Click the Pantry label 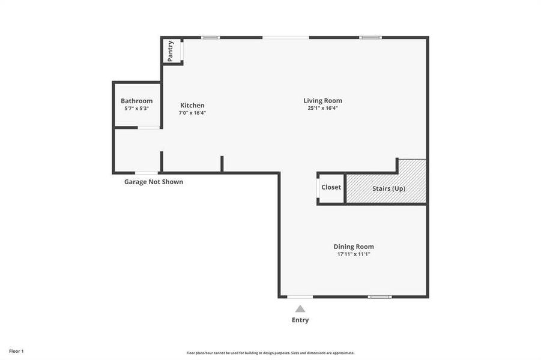click(171, 50)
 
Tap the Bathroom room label click(136, 101)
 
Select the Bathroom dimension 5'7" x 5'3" click(136, 109)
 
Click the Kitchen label click(192, 106)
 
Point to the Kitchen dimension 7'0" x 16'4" click(192, 113)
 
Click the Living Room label click(322, 101)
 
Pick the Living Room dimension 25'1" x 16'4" click(322, 108)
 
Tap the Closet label click(331, 187)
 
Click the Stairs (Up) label click(388, 188)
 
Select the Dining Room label click(354, 247)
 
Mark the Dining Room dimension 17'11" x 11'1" click(354, 254)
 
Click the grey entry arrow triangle click(300, 309)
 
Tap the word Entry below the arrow click(300, 320)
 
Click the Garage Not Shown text click(154, 182)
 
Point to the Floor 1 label click(16, 351)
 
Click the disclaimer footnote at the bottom click(270, 353)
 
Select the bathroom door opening click(149, 127)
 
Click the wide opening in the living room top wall click(286, 38)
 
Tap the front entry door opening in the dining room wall click(300, 296)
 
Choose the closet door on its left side click(318, 188)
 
